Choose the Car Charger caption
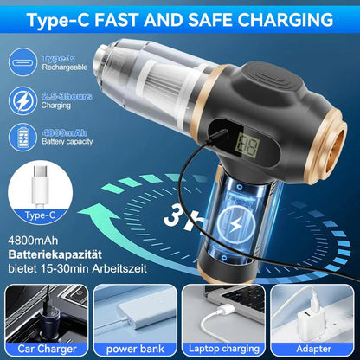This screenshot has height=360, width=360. click(45, 350)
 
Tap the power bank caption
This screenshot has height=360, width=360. click(135, 350)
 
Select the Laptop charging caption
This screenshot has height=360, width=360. click(223, 350)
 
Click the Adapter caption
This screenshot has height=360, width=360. click(313, 350)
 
